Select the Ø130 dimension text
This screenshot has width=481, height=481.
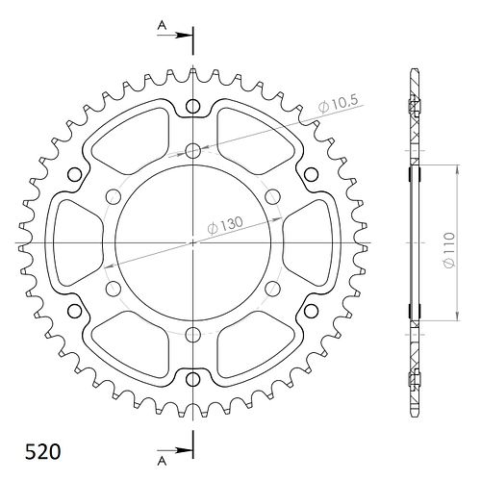tap(225, 225)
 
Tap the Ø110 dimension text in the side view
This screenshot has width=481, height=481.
tap(449, 251)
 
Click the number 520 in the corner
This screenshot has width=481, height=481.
tap(42, 452)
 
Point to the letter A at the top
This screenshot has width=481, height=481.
tap(163, 25)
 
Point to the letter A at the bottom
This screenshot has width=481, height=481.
tap(163, 461)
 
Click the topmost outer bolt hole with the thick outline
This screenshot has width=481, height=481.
tap(192, 106)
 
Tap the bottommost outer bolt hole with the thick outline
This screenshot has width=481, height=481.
tap(192, 379)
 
